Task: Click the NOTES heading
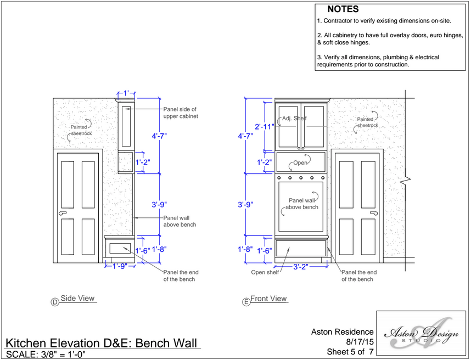coord(343,9)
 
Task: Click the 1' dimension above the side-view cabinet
coord(126,94)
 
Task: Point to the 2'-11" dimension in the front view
coord(265,126)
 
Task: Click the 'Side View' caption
coord(77,299)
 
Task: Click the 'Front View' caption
coord(268,299)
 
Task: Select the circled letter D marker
coord(55,301)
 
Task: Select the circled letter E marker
coord(246,301)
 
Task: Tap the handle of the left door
coord(62,213)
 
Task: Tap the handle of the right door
coord(375,213)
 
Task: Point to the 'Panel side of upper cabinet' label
coord(180,113)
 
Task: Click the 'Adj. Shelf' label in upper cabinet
coord(294,119)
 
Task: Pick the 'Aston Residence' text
coord(342,332)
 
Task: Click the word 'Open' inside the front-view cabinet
coord(300,163)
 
